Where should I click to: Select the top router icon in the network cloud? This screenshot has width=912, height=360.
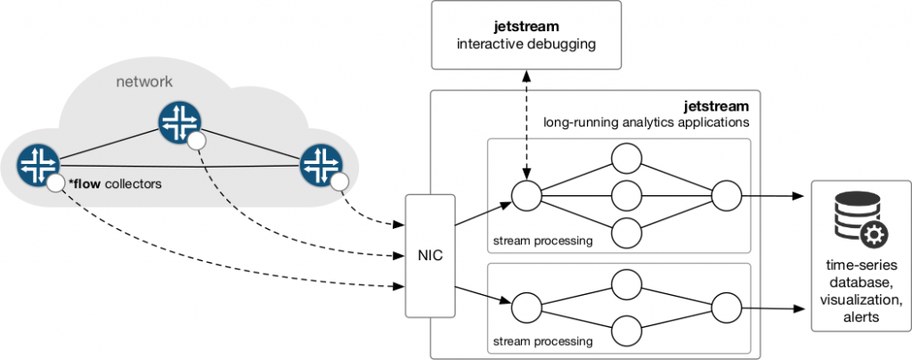click(x=179, y=124)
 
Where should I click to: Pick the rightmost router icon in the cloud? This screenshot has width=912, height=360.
click(x=321, y=164)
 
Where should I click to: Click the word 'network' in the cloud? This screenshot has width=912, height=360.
click(x=145, y=82)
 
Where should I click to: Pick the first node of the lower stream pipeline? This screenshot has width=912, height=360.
click(x=526, y=306)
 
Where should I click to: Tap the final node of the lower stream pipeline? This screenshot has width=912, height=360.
click(x=726, y=306)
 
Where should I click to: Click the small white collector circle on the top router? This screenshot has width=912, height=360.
click(x=198, y=141)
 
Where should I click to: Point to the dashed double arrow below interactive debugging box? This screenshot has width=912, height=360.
click(x=524, y=126)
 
